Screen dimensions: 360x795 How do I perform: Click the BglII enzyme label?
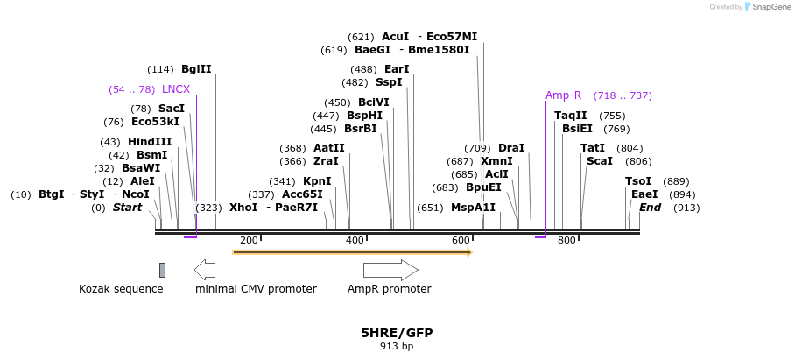196,69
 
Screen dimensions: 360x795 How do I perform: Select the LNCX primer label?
176,89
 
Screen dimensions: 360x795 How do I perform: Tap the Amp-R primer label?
563,95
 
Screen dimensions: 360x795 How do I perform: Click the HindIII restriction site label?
150,142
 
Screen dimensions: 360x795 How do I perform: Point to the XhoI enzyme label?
243,208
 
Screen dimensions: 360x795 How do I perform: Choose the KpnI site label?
317,181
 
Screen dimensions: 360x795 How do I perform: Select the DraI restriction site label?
511,148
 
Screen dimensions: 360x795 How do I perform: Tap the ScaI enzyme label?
600,161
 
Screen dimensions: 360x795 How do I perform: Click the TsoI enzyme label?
638,181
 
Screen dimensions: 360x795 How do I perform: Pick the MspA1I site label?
473,208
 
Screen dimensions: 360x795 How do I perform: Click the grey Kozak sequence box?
162,270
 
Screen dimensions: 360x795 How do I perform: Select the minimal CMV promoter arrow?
205,269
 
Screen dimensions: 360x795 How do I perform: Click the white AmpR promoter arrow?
390,269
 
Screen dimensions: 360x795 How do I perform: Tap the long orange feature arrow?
352,252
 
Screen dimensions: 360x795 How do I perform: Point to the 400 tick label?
355,241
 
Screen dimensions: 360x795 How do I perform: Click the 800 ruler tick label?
566,241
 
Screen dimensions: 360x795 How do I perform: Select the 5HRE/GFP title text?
397,333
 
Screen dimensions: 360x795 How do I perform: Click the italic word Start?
127,208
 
